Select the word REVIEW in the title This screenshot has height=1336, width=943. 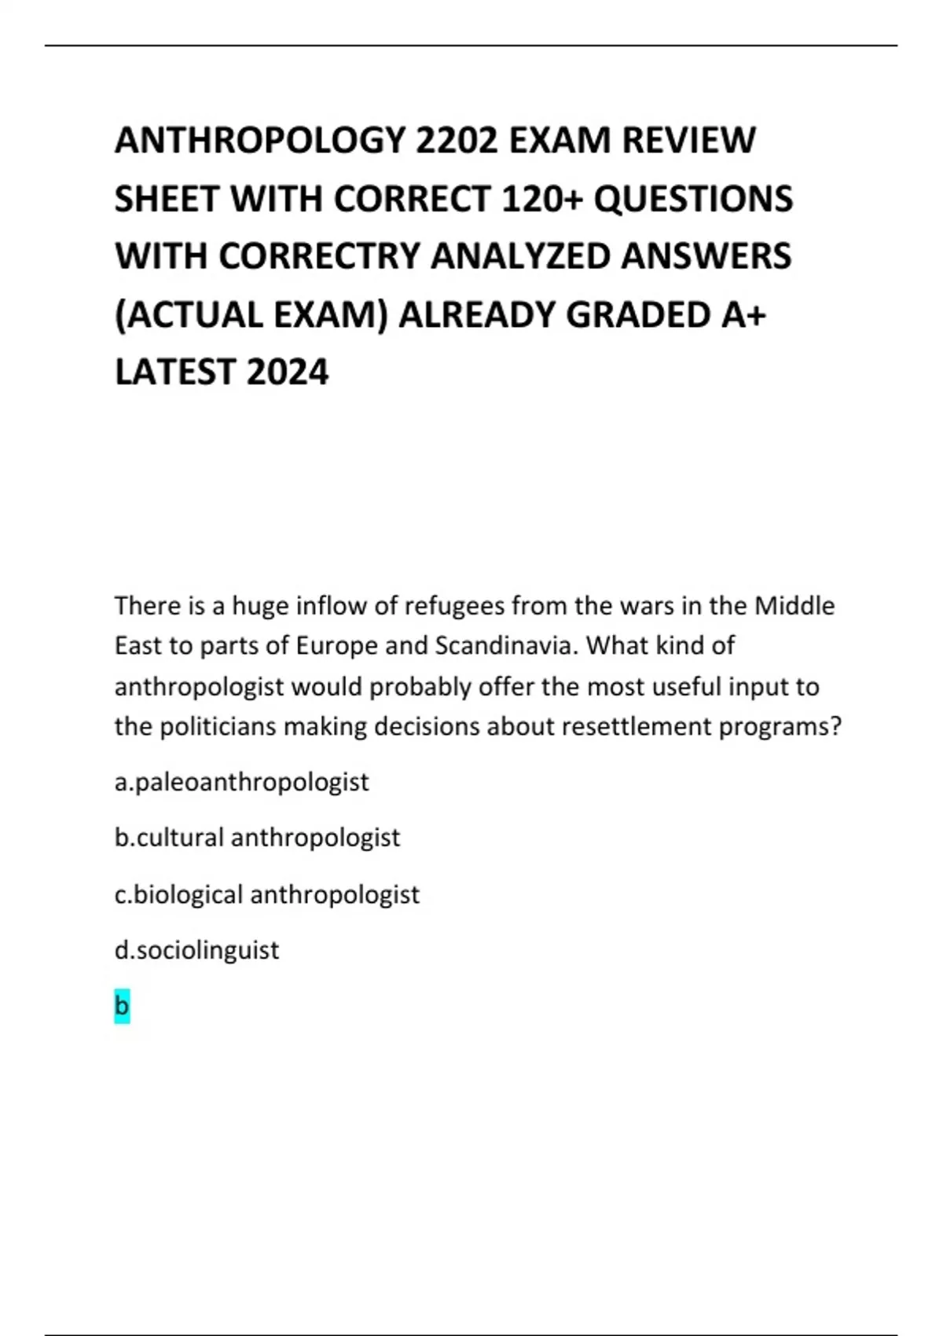tap(688, 141)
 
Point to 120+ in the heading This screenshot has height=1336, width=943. tap(541, 199)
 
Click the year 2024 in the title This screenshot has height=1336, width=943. tap(287, 373)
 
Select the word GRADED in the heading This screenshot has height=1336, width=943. tap(638, 315)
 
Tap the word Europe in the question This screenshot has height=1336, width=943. tap(336, 646)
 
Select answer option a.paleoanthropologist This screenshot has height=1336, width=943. tap(242, 783)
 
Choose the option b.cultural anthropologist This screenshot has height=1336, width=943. tap(258, 838)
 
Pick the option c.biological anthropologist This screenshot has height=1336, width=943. tap(267, 894)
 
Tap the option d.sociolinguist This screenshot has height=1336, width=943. tap(197, 950)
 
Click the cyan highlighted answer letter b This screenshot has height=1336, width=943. tap(122, 1006)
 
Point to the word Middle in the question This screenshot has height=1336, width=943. tap(794, 606)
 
